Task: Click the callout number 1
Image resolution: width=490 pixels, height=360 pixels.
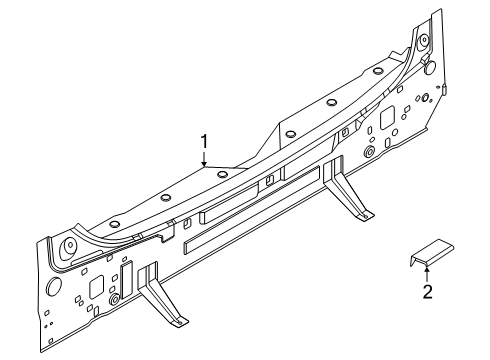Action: [x=204, y=141]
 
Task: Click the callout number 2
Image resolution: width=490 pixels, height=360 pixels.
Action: [x=427, y=292]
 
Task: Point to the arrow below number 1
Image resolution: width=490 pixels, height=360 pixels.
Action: [x=204, y=158]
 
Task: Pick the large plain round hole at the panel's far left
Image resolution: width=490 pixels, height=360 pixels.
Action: [x=54, y=286]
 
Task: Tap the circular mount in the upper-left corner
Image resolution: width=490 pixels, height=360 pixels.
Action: [x=68, y=247]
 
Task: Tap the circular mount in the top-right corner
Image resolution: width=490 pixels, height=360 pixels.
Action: [x=423, y=41]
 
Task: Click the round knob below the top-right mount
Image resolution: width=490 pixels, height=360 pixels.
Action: [x=430, y=66]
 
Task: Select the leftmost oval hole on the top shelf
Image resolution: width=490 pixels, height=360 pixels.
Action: [x=114, y=224]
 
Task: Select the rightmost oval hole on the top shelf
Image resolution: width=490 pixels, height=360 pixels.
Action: [x=377, y=71]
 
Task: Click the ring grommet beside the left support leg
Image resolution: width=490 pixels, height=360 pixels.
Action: [x=114, y=299]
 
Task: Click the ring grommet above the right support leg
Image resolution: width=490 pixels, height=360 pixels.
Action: [x=369, y=152]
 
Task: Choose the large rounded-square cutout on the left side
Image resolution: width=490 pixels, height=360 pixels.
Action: [x=96, y=286]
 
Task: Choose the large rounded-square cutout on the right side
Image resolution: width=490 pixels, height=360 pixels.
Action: [x=387, y=117]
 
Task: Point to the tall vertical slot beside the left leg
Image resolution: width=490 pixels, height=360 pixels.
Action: [x=127, y=280]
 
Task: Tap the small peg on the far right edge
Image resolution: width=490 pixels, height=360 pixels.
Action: [x=445, y=90]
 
